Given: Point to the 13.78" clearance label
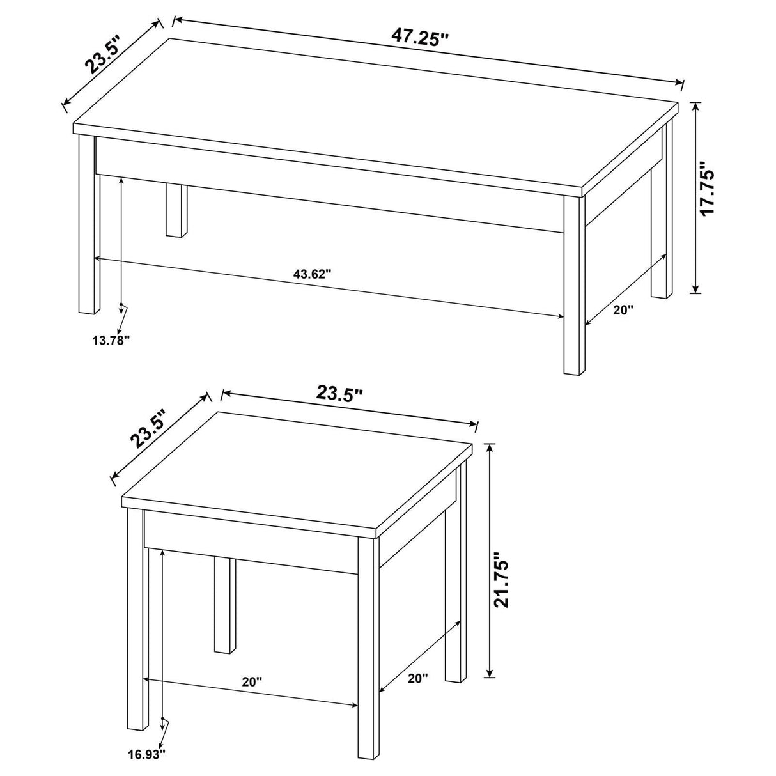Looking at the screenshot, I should click(x=111, y=340).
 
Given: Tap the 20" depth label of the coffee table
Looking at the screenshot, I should click(x=623, y=310).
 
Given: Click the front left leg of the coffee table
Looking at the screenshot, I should click(x=89, y=224).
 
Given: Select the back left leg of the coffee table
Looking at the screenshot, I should click(x=173, y=210).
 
